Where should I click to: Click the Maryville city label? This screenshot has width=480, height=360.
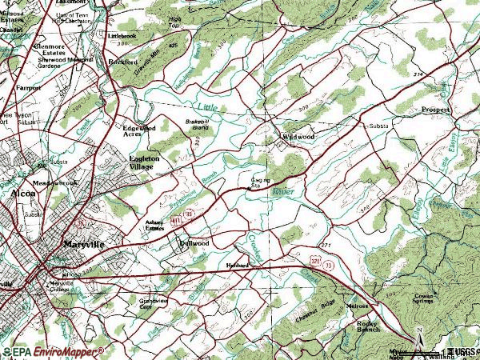point(84,246)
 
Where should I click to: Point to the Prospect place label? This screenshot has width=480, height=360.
point(435,109)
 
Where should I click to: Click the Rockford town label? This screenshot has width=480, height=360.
point(124,60)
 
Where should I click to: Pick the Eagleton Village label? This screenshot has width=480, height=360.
point(145,163)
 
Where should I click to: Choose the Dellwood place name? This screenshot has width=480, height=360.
point(194,242)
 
